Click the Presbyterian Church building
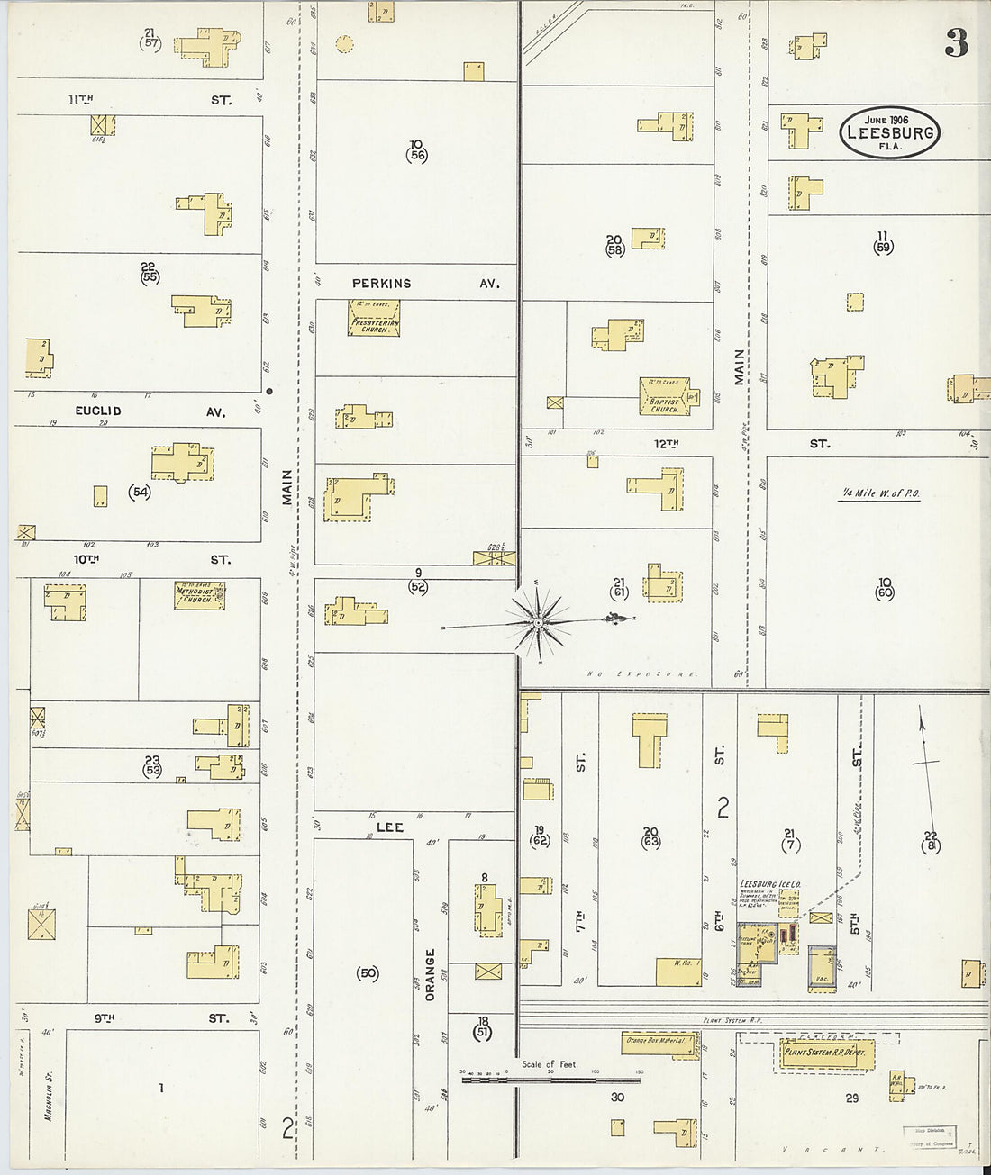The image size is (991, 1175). point(374,318)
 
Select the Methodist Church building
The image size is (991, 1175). point(198,595)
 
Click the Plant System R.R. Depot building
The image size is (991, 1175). point(824,1053)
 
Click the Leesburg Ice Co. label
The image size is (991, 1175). point(770,884)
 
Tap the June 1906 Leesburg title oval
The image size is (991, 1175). point(889,132)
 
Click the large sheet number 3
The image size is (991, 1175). point(956,42)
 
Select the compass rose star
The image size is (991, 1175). point(538,622)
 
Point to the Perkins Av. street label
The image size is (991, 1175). point(381,283)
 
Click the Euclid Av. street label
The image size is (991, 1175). point(98,411)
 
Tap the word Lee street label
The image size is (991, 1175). point(389,827)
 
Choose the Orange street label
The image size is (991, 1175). point(430,974)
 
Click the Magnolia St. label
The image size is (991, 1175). point(48,1093)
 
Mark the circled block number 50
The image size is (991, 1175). point(368,973)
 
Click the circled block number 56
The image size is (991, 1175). point(416,155)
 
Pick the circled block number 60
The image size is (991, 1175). point(884,592)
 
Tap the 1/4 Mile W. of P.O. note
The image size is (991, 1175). point(880,493)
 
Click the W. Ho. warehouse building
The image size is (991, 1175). point(679,972)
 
